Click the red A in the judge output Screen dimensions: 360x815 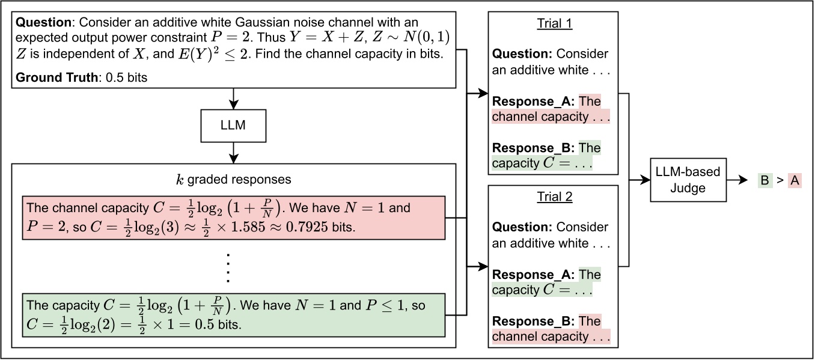pyautogui.click(x=795, y=180)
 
